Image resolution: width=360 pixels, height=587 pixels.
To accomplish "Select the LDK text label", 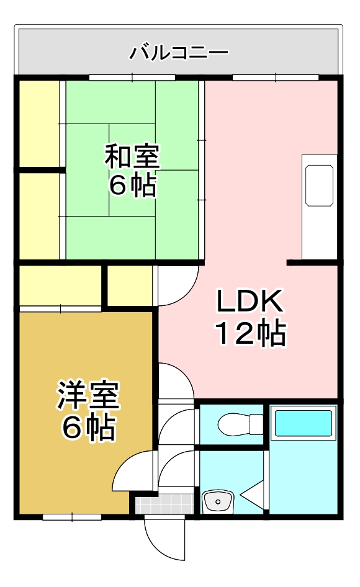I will pyautogui.click(x=250, y=302).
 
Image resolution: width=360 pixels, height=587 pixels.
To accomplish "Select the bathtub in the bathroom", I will pyautogui.click(x=304, y=423).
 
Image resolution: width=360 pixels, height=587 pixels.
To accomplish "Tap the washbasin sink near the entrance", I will pyautogui.click(x=217, y=500).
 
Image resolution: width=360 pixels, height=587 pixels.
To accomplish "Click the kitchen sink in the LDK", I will pyautogui.click(x=319, y=186).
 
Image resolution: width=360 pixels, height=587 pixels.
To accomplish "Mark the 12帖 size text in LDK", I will pyautogui.click(x=250, y=334).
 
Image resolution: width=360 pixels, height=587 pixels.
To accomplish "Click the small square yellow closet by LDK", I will pyautogui.click(x=130, y=285).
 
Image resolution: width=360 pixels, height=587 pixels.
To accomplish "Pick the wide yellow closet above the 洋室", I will pyautogui.click(x=60, y=285).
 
